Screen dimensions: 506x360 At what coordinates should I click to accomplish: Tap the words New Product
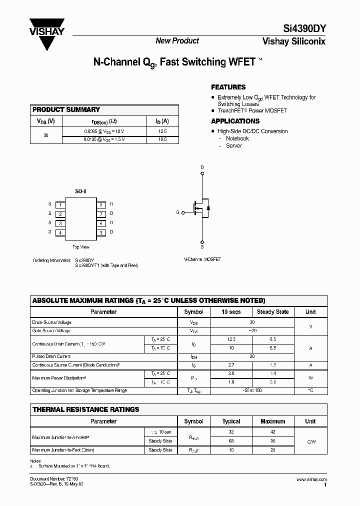(177, 41)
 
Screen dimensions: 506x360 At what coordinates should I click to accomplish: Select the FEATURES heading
(228, 87)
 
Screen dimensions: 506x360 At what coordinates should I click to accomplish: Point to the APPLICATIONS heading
(235, 121)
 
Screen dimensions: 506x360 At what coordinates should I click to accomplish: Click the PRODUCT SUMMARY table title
(66, 109)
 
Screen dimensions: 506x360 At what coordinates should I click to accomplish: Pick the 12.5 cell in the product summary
(161, 130)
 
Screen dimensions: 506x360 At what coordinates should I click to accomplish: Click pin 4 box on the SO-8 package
(60, 232)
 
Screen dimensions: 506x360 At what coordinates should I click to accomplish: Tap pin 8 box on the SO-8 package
(100, 204)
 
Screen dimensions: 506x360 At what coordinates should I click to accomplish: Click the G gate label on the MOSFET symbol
(177, 212)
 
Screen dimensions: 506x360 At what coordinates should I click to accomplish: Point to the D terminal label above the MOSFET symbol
(202, 167)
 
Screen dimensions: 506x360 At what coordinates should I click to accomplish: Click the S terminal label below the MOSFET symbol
(202, 247)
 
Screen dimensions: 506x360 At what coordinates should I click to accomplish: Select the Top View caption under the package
(80, 247)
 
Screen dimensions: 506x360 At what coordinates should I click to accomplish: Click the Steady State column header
(272, 311)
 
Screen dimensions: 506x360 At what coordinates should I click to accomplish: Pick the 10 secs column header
(231, 311)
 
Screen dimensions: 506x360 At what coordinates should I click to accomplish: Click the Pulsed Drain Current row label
(51, 356)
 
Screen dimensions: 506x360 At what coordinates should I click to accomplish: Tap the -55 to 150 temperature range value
(252, 390)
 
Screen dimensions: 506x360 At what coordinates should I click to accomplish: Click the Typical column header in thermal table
(231, 421)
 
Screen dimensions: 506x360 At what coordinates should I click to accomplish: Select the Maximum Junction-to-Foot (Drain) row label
(63, 450)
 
